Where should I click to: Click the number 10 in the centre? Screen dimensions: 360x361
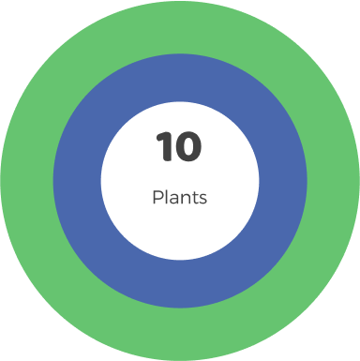pyautogui.click(x=179, y=147)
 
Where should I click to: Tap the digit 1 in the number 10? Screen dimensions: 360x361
pyautogui.click(x=166, y=147)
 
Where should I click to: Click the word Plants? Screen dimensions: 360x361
pyautogui.click(x=179, y=198)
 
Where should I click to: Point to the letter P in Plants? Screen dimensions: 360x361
pyautogui.click(x=157, y=198)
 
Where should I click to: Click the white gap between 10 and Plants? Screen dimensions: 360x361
pyautogui.click(x=179, y=175)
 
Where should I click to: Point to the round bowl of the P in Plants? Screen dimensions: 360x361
pyautogui.click(x=158, y=195)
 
